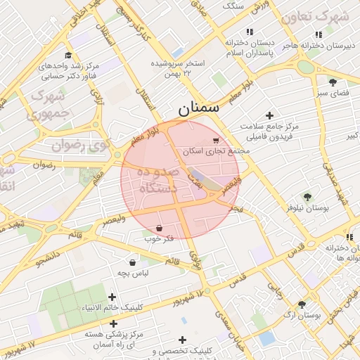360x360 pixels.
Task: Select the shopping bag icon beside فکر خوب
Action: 160,229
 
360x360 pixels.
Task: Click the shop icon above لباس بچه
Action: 132,262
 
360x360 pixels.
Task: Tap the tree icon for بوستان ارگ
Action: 302,304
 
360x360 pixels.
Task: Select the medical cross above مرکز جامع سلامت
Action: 269,115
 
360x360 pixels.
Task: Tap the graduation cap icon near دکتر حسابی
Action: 68,56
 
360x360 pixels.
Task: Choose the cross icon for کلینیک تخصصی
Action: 184,340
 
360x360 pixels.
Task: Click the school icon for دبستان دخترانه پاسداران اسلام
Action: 249,32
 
